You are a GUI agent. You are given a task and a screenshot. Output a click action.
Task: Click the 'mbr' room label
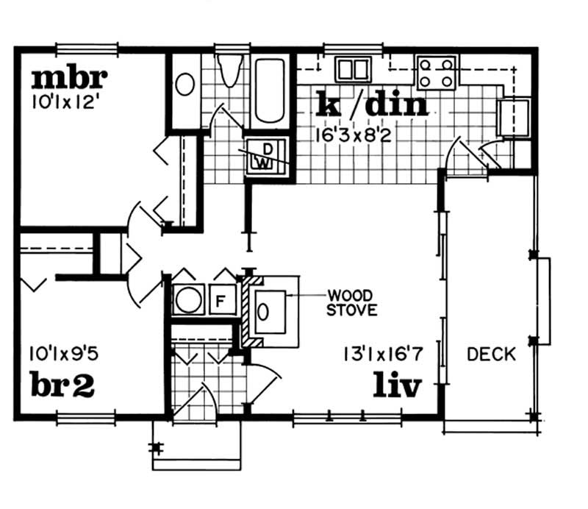pyautogui.click(x=70, y=76)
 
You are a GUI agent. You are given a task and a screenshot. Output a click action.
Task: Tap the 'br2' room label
pyautogui.click(x=62, y=385)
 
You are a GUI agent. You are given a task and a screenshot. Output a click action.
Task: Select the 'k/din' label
pyautogui.click(x=371, y=104)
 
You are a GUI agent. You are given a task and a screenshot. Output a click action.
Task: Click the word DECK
pyautogui.click(x=492, y=355)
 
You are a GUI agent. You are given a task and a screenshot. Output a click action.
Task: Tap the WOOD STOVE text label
pyautogui.click(x=353, y=303)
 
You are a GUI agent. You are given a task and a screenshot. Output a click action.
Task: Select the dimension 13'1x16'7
pyautogui.click(x=381, y=355)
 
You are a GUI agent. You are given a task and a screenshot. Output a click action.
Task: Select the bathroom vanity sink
pyautogui.click(x=184, y=84)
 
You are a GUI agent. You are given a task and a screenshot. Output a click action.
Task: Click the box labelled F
pyautogui.click(x=219, y=300)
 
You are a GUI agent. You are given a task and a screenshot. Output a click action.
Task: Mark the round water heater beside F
pyautogui.click(x=189, y=300)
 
